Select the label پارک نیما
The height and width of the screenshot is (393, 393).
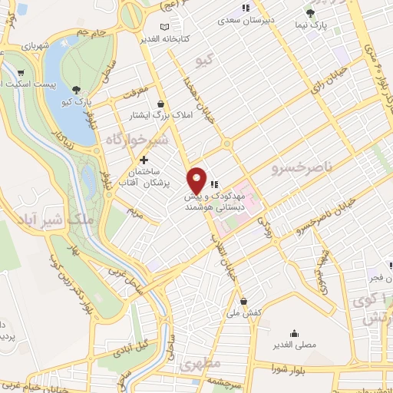tap(311, 25)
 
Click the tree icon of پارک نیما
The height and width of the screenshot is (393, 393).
tap(310, 13)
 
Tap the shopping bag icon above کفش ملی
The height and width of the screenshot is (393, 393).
tap(243, 301)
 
